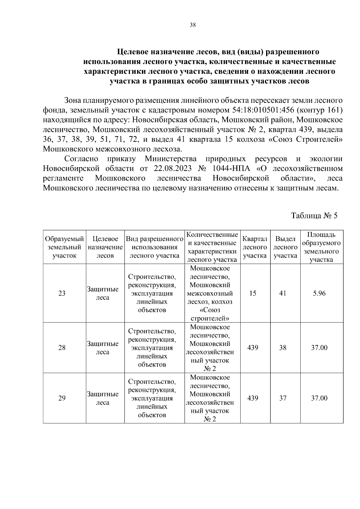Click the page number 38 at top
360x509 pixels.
tap(193, 25)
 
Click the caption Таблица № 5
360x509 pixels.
tap(314, 216)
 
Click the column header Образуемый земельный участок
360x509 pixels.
tap(64, 247)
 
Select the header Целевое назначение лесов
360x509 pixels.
tap(105, 247)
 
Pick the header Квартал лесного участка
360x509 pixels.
tap(255, 247)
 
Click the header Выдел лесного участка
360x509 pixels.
tap(285, 247)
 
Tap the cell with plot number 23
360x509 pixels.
tap(62, 293)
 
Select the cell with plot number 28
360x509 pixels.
tap(62, 348)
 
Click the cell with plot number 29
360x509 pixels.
tap(62, 398)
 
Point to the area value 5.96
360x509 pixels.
tap(319, 293)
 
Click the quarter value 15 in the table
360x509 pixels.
tap(253, 293)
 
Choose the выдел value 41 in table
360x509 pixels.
tap(283, 293)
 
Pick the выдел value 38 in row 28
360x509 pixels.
tap(283, 348)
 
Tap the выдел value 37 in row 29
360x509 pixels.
tap(283, 398)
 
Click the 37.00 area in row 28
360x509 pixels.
tap(319, 348)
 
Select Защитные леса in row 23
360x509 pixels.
tap(103, 293)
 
